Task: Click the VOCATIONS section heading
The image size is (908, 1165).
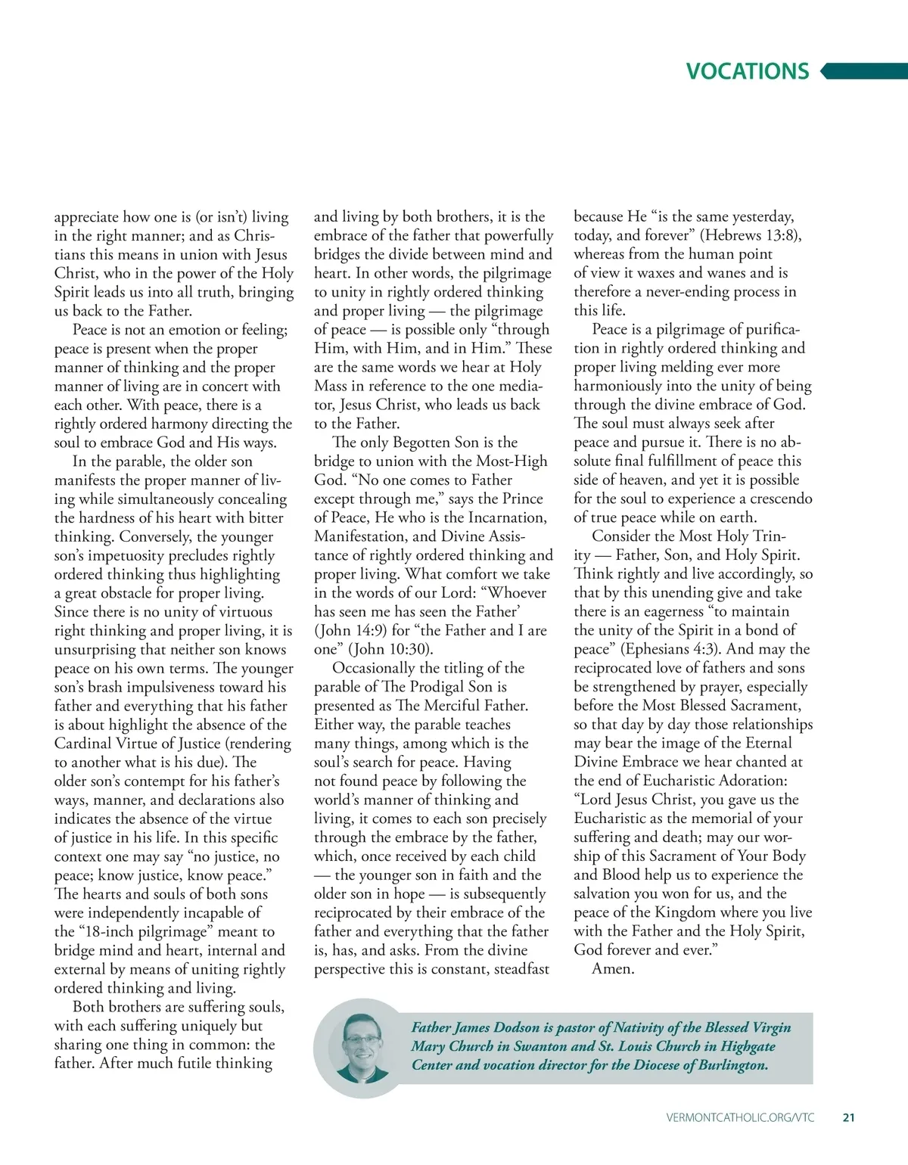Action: (x=747, y=71)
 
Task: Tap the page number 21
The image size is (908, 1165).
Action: (x=848, y=1117)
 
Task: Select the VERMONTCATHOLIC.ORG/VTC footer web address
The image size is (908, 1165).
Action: (x=740, y=1117)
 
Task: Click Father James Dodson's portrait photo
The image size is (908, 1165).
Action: (x=362, y=1048)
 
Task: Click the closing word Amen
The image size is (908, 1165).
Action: (x=613, y=969)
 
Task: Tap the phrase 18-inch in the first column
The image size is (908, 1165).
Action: (x=103, y=931)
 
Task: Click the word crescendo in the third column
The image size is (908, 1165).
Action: (x=776, y=499)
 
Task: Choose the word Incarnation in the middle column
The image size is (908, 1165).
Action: (x=502, y=517)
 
